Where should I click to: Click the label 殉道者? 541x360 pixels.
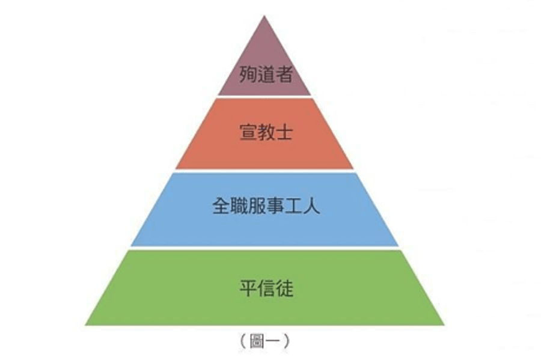coord(265,74)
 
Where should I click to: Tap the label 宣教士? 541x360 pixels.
coord(265,132)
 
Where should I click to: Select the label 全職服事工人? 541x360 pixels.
coord(265,207)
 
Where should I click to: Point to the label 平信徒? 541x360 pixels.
coord(265,287)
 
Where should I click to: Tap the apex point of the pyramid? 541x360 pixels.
coord(265,17)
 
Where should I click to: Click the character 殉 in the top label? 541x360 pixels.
coord(248,74)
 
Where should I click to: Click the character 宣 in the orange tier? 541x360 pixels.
coord(248,132)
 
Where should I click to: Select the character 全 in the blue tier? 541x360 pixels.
coord(219,207)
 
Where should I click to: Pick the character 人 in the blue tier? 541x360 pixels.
coord(311,207)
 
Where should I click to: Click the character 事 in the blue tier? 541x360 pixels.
coord(274,207)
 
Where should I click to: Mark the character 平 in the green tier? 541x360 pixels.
coord(248,287)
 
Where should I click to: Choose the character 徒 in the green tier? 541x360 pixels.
coord(284,287)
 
